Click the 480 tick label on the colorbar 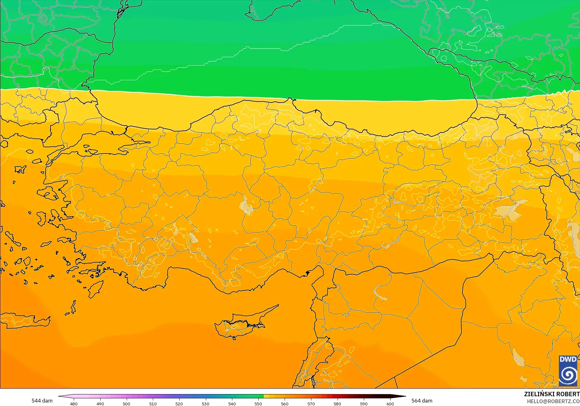[x=73, y=404]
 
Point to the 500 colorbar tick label [x=126, y=404]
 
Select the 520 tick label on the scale [x=179, y=404]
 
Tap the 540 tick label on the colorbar [x=232, y=404]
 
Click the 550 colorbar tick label [x=258, y=404]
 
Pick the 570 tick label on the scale [x=311, y=404]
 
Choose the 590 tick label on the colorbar [x=364, y=404]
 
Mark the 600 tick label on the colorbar [x=390, y=404]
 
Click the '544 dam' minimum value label [x=42, y=401]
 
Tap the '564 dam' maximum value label [x=422, y=401]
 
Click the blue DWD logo [x=568, y=371]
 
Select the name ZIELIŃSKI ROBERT [x=552, y=394]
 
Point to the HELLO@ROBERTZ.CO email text [x=553, y=401]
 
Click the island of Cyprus [x=240, y=325]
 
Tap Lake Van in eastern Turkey [x=511, y=208]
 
